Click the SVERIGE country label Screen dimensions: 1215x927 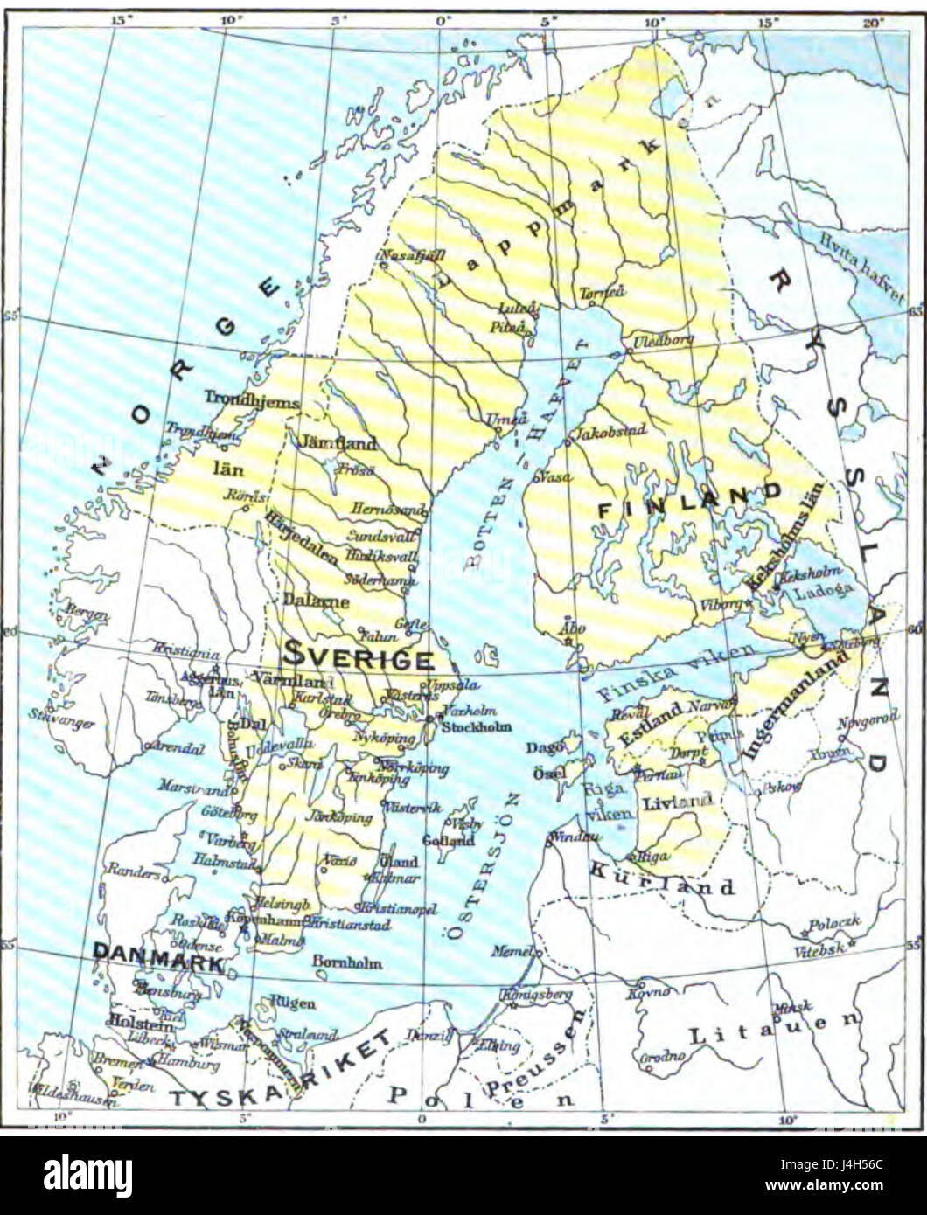coord(358,658)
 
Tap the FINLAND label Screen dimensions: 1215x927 coord(689,500)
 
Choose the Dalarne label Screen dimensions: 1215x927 coord(316,601)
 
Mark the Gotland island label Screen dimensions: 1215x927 coord(449,840)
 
